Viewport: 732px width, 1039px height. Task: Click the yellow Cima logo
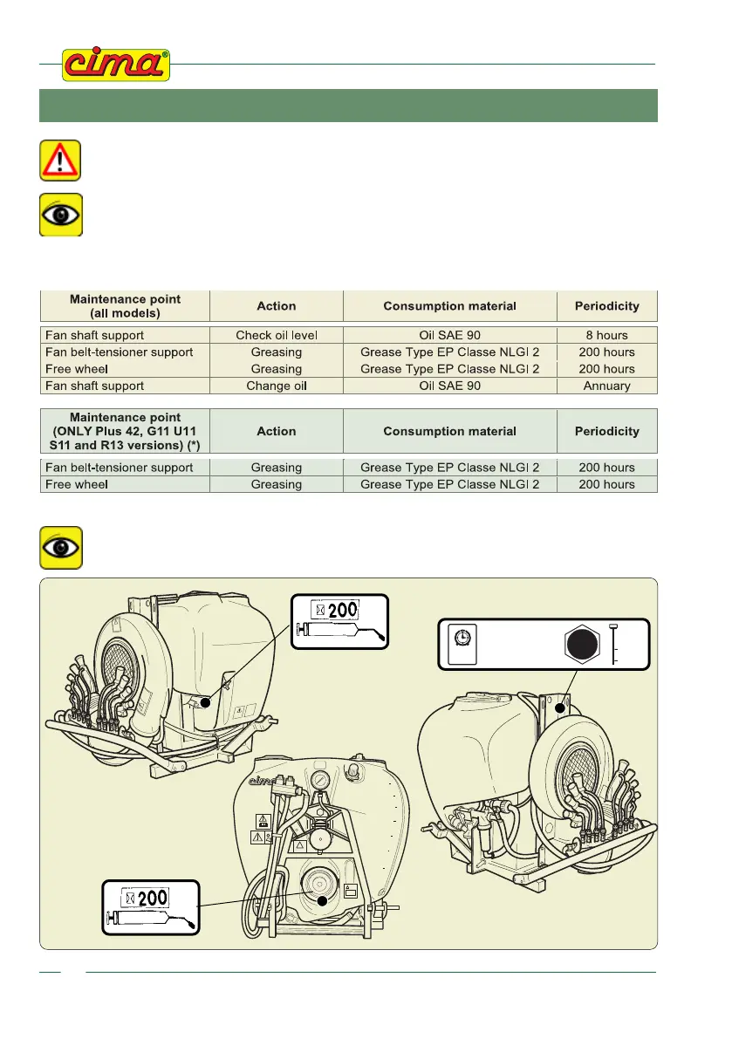pyautogui.click(x=115, y=65)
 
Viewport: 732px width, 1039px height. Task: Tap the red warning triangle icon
pyautogui.click(x=60, y=161)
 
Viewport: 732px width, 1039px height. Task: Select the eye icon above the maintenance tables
pyautogui.click(x=60, y=215)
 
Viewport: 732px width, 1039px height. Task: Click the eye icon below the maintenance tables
pyautogui.click(x=60, y=548)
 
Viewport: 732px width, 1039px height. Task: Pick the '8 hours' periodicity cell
pyautogui.click(x=606, y=335)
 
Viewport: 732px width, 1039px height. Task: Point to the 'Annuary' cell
pyautogui.click(x=606, y=386)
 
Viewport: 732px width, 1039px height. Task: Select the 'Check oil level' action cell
pyautogui.click(x=276, y=335)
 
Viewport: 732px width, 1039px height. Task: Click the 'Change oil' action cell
pyautogui.click(x=276, y=386)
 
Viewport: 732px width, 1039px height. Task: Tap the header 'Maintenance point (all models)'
pyautogui.click(x=126, y=306)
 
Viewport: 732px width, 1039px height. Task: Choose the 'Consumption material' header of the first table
pyautogui.click(x=449, y=306)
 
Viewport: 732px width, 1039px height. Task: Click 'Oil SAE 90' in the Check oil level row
pyautogui.click(x=449, y=335)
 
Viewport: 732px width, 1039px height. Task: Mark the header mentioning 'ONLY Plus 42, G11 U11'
pyautogui.click(x=126, y=431)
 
